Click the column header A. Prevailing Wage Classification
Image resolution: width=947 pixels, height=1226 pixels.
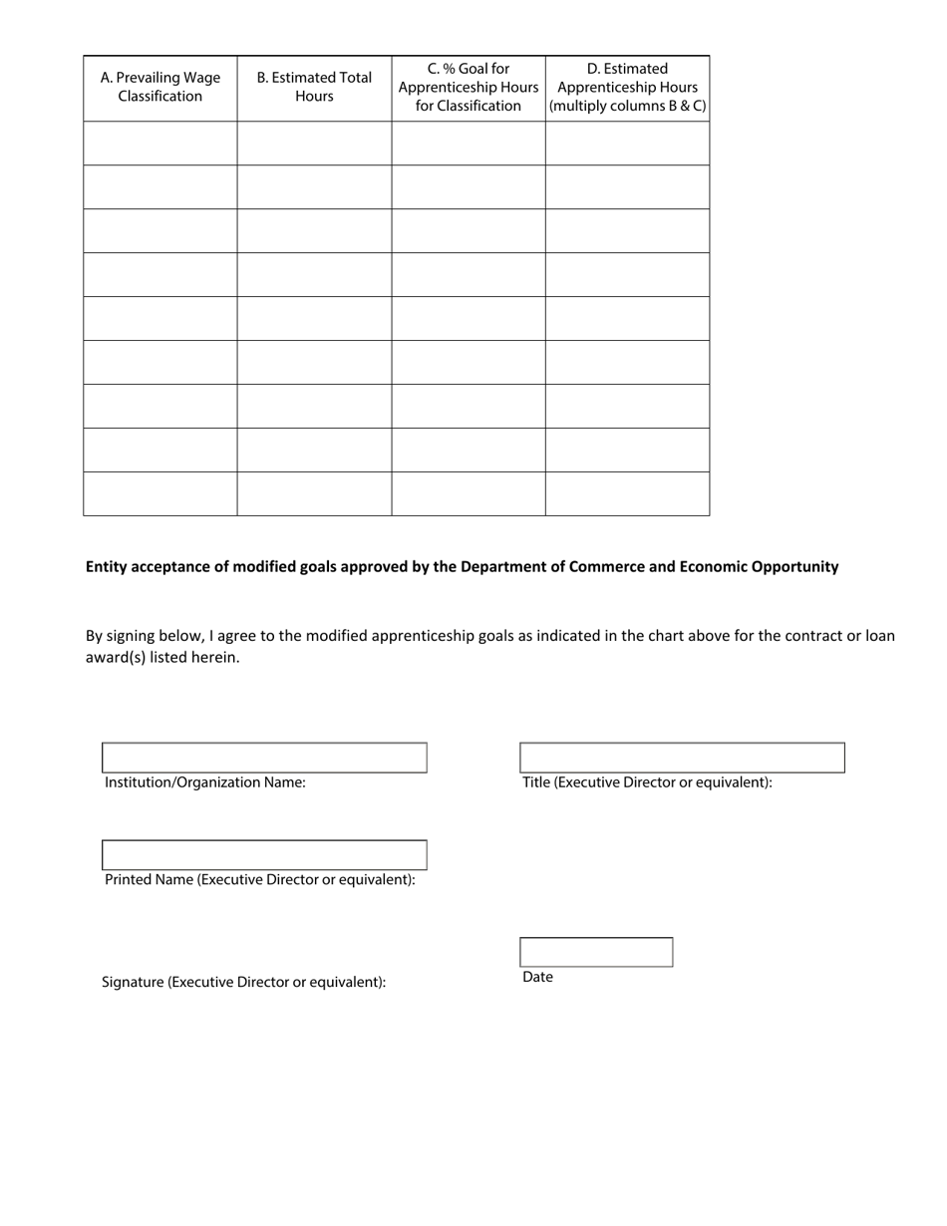[160, 88]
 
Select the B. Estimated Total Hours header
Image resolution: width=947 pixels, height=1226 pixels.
[314, 88]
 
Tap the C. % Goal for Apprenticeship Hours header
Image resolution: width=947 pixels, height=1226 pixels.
[469, 88]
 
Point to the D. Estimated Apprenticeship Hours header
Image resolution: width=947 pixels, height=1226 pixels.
[627, 88]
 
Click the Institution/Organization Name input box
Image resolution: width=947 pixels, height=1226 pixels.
[264, 758]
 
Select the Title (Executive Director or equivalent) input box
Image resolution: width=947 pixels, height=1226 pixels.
[682, 758]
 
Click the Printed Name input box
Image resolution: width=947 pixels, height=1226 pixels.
[264, 855]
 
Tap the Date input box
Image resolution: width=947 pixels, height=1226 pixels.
[596, 952]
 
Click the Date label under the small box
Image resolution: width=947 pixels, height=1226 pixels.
[537, 978]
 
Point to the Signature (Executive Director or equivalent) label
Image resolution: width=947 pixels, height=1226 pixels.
[243, 983]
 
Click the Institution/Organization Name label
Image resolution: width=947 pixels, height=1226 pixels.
[205, 783]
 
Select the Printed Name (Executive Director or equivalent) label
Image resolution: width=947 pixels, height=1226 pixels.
[260, 880]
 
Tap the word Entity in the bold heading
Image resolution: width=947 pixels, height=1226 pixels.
[107, 567]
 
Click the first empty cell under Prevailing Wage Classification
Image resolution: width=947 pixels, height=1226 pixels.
[160, 144]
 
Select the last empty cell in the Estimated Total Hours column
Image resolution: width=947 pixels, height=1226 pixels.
[314, 493]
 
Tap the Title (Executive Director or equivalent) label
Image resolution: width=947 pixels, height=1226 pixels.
[647, 783]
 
